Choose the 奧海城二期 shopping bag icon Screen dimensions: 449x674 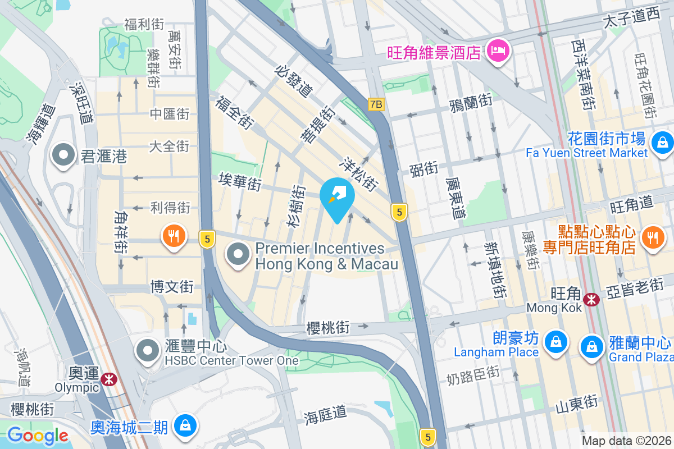pyautogui.click(x=184, y=425)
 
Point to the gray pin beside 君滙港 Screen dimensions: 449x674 pyautogui.click(x=64, y=155)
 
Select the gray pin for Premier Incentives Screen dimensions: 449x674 pyautogui.click(x=239, y=254)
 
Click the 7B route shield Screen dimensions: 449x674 pyautogui.click(x=376, y=104)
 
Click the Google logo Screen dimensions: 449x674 pyautogui.click(x=38, y=435)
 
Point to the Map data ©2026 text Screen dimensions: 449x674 pyautogui.click(x=626, y=441)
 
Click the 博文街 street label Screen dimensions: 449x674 pyautogui.click(x=172, y=287)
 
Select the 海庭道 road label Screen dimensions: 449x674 pyautogui.click(x=325, y=415)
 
